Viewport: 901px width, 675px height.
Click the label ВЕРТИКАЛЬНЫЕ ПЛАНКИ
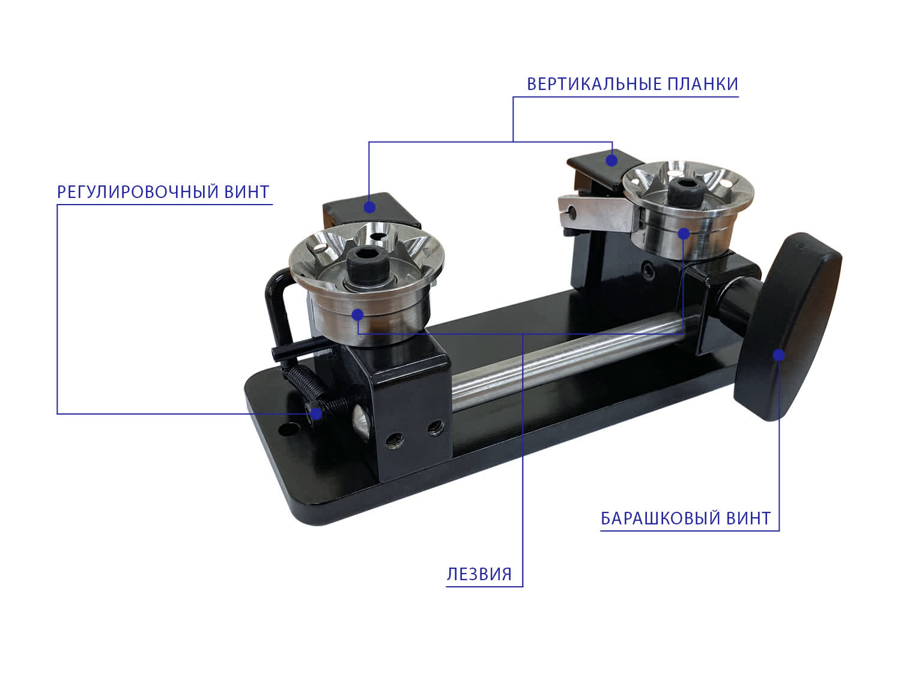click(x=632, y=84)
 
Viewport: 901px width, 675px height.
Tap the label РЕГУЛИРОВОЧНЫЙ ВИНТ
click(x=163, y=192)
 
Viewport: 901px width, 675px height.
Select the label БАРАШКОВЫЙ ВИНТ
click(x=685, y=518)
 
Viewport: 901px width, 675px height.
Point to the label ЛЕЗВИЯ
click(x=479, y=575)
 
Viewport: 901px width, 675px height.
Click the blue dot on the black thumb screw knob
click(x=778, y=355)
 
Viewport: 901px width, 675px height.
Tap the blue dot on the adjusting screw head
click(x=316, y=414)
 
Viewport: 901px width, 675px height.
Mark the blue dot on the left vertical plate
click(x=369, y=208)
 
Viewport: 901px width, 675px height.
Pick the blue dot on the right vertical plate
click(x=611, y=160)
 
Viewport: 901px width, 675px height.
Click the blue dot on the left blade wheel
click(x=357, y=315)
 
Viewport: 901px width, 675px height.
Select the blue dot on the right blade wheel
click(x=684, y=233)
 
